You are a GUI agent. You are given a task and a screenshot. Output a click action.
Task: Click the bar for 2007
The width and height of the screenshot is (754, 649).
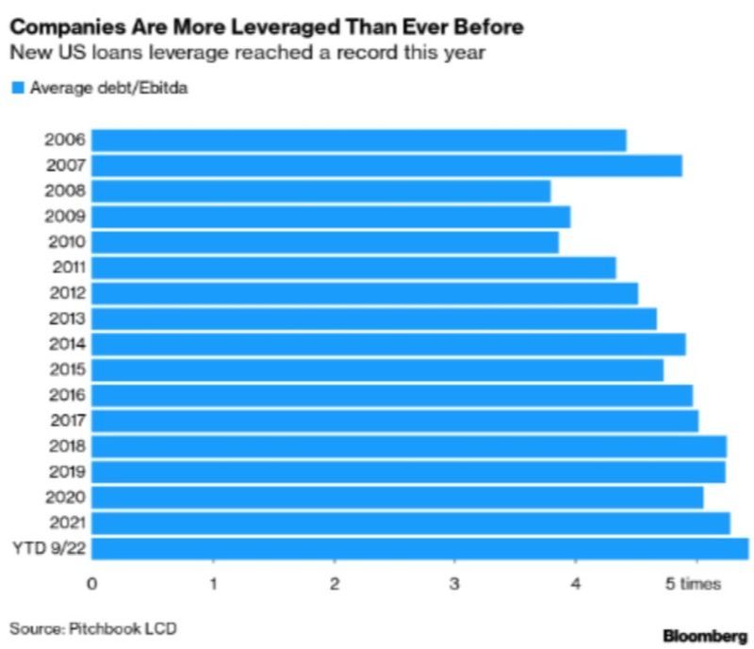point(386,166)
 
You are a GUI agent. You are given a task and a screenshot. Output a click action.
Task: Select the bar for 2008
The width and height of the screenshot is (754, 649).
point(320,191)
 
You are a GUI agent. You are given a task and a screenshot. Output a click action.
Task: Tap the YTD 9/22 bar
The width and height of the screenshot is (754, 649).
point(419,548)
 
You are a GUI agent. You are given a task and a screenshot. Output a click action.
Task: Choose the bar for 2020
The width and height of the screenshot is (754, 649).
point(397,497)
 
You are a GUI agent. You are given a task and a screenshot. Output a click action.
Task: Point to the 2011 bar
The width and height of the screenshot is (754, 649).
point(353,268)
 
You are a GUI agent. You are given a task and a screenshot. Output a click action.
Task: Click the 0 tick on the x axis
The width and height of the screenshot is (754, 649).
point(91,584)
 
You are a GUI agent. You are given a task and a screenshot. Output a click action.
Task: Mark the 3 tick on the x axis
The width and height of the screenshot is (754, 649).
point(455,584)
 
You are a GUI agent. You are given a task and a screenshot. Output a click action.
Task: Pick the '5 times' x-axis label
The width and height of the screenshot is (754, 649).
point(694,584)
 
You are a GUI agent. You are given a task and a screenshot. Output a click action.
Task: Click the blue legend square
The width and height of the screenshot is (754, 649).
point(16,89)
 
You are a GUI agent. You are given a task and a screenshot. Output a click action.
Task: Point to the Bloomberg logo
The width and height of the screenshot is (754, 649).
point(702,636)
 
